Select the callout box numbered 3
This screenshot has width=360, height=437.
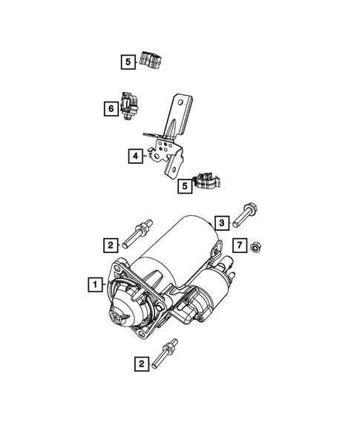tap(221, 222)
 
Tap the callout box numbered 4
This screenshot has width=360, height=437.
tap(134, 157)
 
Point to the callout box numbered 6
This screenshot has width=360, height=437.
tap(110, 109)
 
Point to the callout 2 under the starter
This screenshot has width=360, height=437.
tap(137, 364)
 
